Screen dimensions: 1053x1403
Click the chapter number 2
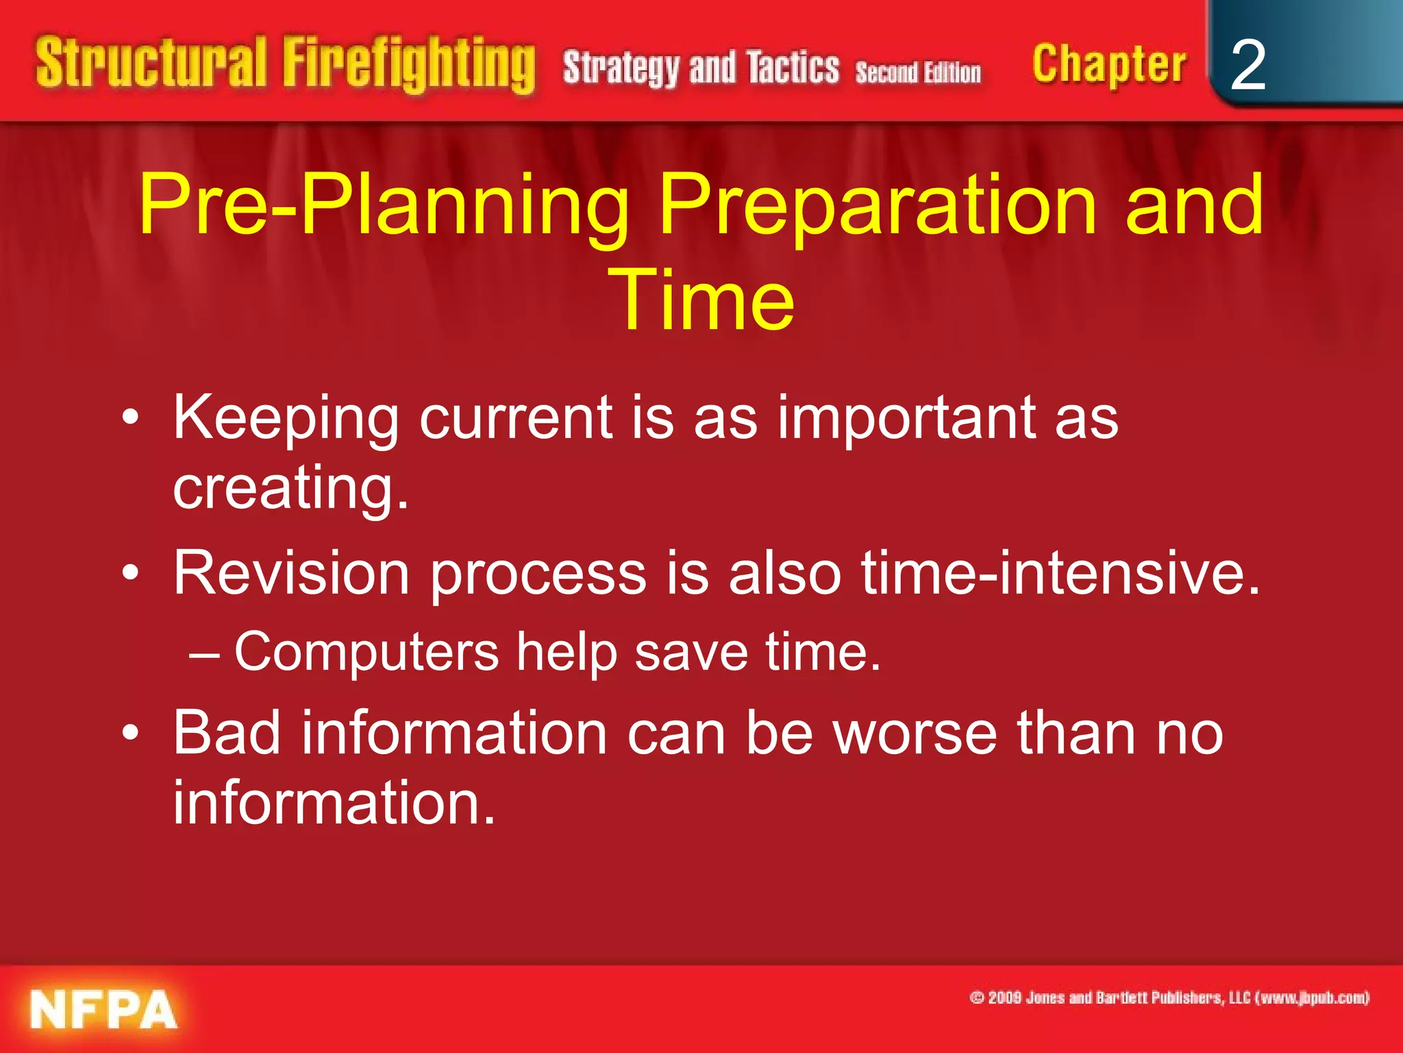pyautogui.click(x=1247, y=65)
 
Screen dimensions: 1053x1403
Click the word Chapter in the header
pyautogui.click(x=1108, y=65)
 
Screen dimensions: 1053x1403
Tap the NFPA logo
pyautogui.click(x=103, y=1010)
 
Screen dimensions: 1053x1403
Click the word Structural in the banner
pyautogui.click(x=151, y=63)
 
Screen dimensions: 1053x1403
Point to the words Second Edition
pyautogui.click(x=918, y=72)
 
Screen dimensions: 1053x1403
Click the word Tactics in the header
pyautogui.click(x=793, y=68)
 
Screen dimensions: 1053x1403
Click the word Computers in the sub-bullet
pyautogui.click(x=367, y=651)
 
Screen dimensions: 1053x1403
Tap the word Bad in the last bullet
pyautogui.click(x=227, y=733)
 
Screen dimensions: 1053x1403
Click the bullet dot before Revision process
pyautogui.click(x=131, y=572)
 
